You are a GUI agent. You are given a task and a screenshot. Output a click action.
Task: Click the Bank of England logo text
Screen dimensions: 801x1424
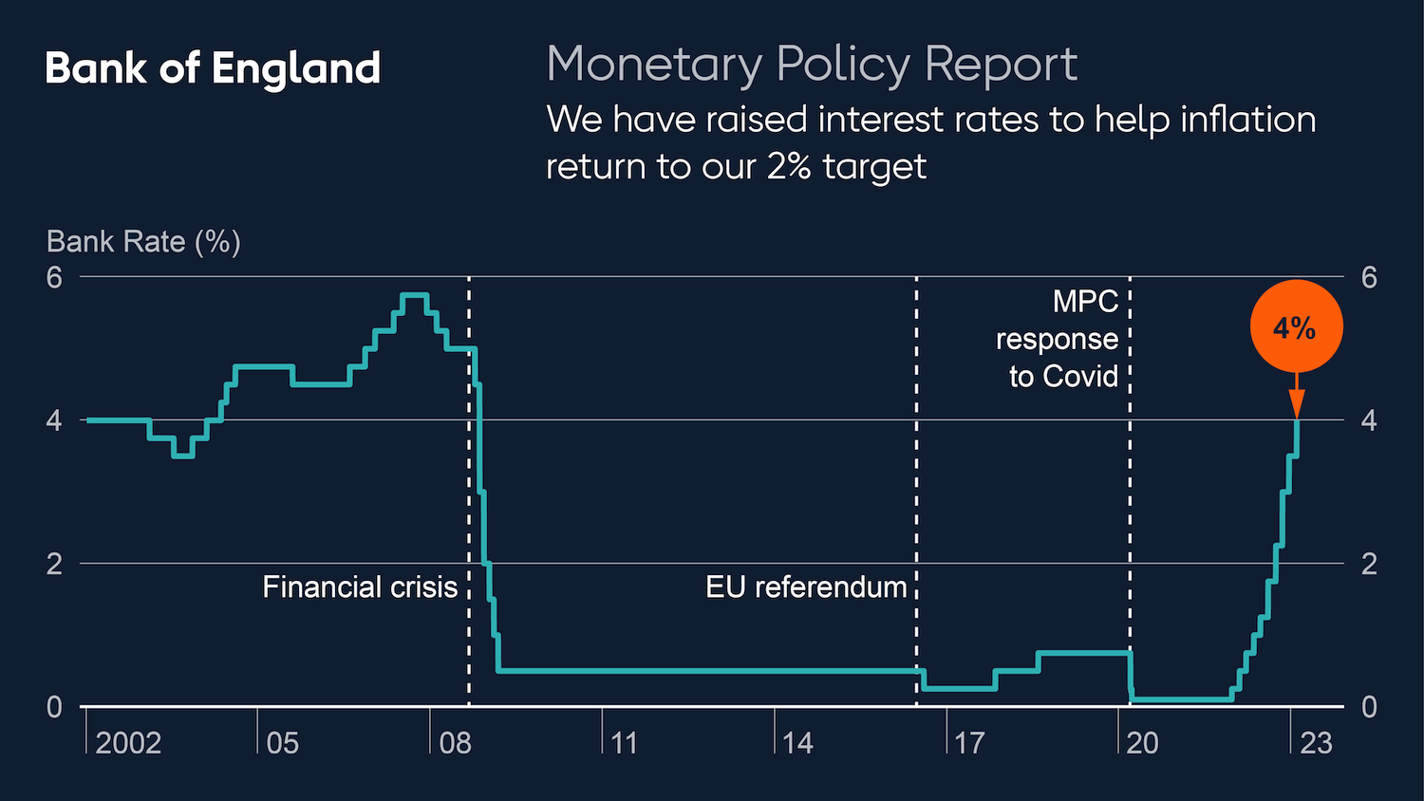(213, 68)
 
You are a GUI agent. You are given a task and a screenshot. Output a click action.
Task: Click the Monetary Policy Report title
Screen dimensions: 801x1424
(812, 65)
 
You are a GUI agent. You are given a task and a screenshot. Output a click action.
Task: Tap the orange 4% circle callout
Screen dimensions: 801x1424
(1296, 326)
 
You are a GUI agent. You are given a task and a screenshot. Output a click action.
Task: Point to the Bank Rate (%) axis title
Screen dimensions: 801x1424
(143, 242)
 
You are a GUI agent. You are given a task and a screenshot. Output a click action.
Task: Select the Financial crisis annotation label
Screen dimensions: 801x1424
(360, 587)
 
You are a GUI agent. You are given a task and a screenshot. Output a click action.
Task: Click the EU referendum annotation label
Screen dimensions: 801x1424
(806, 587)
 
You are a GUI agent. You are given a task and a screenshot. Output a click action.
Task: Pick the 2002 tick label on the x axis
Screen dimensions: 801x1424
(128, 742)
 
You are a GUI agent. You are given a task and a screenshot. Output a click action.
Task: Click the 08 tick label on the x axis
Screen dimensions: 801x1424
(456, 742)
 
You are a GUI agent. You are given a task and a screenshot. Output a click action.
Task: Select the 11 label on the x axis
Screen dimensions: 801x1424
(625, 742)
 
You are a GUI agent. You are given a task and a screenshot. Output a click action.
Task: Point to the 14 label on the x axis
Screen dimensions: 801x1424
(797, 742)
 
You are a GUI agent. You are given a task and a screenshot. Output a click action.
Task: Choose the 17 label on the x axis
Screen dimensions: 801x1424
(969, 742)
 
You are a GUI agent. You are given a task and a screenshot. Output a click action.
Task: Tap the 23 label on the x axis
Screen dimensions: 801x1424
(1316, 742)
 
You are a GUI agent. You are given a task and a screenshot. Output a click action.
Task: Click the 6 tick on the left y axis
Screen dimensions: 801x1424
(54, 277)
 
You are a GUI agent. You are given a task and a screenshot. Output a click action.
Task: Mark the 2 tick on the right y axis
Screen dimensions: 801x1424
(1369, 564)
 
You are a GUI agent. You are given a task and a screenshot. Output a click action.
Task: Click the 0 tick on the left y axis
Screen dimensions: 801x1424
(54, 707)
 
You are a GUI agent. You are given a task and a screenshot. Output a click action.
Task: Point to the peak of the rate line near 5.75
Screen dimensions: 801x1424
(415, 295)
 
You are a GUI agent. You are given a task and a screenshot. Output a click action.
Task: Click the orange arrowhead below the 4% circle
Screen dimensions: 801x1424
(1297, 405)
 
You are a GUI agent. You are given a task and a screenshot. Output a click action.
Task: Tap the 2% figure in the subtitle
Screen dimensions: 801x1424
(788, 167)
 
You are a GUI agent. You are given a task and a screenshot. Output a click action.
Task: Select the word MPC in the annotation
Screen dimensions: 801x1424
(1085, 302)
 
